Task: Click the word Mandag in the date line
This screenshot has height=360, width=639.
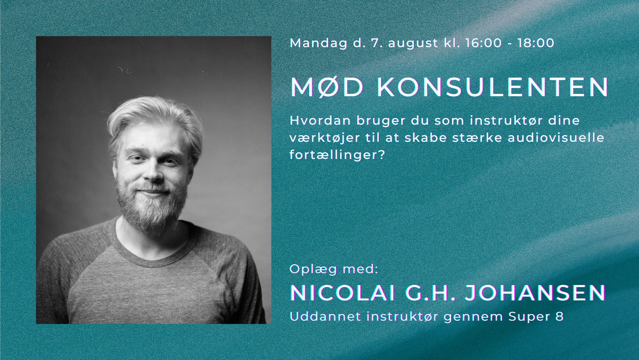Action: (x=319, y=43)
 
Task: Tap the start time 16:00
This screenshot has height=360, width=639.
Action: (x=483, y=43)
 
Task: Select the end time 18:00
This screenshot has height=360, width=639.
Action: (x=536, y=43)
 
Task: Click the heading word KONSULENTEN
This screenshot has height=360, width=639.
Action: (x=493, y=87)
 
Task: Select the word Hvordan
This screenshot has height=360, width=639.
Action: (x=320, y=120)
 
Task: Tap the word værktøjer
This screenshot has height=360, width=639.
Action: (x=325, y=138)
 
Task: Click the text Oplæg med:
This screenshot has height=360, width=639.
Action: (x=334, y=269)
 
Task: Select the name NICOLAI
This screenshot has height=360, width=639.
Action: (x=342, y=293)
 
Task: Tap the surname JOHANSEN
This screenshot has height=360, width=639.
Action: (x=535, y=293)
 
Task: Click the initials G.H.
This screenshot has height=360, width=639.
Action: (x=429, y=293)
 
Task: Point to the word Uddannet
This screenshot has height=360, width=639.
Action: (x=325, y=317)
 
